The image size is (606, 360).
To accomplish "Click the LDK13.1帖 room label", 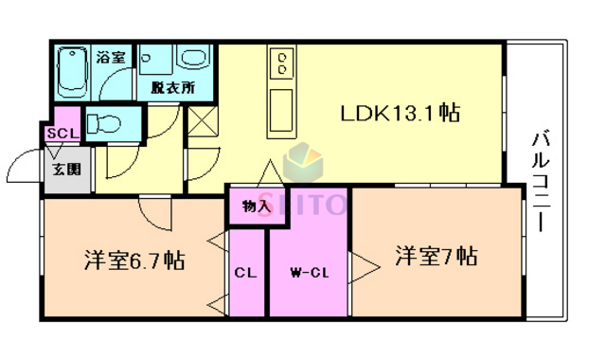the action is (401, 114).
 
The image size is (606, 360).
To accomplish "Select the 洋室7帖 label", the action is (436, 256).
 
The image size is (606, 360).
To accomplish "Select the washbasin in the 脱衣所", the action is (193, 61).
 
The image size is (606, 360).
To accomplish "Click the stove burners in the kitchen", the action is (282, 64).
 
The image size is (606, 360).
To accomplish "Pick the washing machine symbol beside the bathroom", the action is (151, 62).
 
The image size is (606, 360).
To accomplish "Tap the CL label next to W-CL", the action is (246, 273).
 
